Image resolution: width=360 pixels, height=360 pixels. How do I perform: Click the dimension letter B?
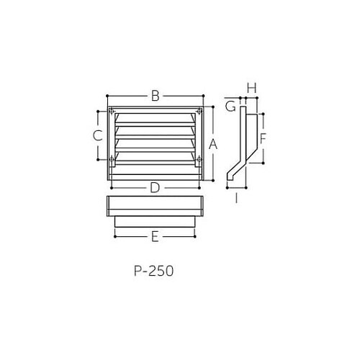point(155,95)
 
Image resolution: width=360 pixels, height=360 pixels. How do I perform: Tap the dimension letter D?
point(155,188)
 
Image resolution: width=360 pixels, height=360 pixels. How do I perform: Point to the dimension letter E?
point(154,235)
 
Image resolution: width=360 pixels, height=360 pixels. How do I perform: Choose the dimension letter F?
point(264,137)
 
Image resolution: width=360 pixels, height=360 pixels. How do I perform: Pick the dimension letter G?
point(230,107)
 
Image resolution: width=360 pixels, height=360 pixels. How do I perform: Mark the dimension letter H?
point(251,87)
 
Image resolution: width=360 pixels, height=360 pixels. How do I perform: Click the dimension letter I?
point(236,197)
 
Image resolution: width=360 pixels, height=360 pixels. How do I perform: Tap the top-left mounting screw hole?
point(113,112)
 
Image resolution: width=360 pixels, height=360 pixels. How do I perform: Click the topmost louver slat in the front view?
point(154,117)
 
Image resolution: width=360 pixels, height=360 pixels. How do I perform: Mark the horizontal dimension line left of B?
point(126,95)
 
